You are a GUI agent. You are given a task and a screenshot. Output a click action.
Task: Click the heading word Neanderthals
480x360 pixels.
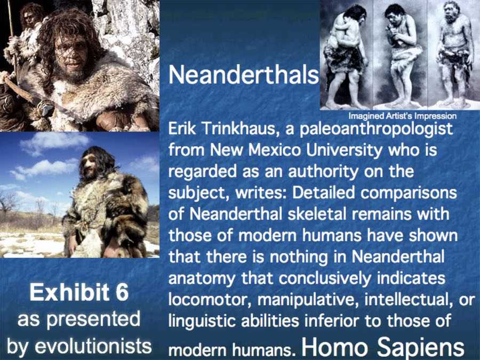(244, 75)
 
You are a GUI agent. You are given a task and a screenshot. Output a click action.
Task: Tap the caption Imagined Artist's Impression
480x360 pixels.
(403, 116)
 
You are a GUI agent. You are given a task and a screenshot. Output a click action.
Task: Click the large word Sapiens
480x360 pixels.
(421, 347)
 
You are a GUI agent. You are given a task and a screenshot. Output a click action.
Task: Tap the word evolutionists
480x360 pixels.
(93, 346)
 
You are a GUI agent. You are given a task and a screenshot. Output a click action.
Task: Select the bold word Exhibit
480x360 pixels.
(69, 292)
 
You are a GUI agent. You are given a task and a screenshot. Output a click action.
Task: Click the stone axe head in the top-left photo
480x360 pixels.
(47, 109)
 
